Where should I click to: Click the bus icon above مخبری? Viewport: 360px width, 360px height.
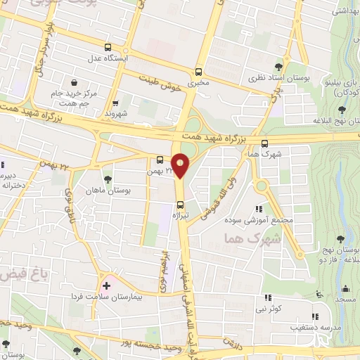(199, 72)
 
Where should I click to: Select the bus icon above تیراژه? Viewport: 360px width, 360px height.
(180, 205)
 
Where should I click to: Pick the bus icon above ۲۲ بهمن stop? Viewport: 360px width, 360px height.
(160, 160)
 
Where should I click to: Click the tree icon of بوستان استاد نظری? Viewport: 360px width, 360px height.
(284, 65)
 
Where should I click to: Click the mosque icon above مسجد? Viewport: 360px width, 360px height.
(345, 288)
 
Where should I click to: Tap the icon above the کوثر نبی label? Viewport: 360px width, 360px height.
(268, 297)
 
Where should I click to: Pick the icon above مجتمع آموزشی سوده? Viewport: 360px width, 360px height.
(259, 209)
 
